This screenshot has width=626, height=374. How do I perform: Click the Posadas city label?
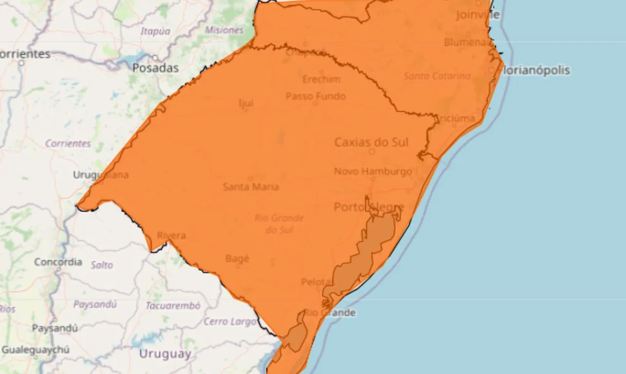[156, 69]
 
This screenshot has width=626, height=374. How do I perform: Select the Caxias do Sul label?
[371, 142]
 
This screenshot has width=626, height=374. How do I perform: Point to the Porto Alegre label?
[369, 207]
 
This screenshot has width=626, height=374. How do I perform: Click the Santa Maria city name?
[251, 187]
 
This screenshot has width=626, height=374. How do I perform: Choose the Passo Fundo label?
[315, 96]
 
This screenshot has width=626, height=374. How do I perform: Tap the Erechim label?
[321, 79]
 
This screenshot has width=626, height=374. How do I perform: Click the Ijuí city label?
[246, 103]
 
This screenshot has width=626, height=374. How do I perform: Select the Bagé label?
[237, 258]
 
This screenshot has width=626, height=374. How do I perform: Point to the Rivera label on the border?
[171, 235]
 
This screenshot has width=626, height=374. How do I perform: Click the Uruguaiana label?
[101, 175]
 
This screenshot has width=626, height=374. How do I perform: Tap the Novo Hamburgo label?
[373, 171]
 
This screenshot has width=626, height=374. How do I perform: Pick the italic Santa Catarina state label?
[437, 76]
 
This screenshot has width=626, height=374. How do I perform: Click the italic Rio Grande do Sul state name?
[279, 223]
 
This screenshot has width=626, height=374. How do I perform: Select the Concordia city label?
[58, 262]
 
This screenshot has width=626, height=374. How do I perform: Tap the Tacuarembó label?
[173, 306]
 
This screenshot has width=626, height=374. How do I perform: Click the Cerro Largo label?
[230, 322]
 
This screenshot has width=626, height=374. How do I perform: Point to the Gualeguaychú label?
[35, 350]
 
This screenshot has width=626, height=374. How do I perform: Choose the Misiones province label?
[224, 30]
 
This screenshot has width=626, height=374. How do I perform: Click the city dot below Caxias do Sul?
[372, 152]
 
